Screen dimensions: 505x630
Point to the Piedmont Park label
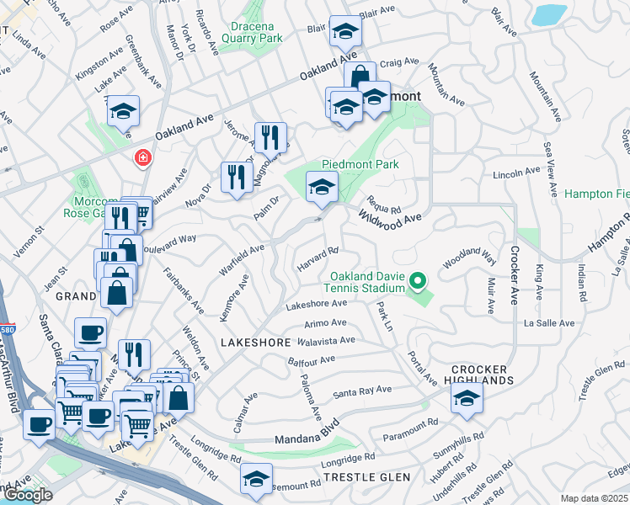360,164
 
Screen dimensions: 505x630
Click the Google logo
27,495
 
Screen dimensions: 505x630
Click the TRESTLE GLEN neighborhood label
366,477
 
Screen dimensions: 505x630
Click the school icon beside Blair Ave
344,31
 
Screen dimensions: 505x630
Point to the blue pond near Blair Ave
549,14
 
